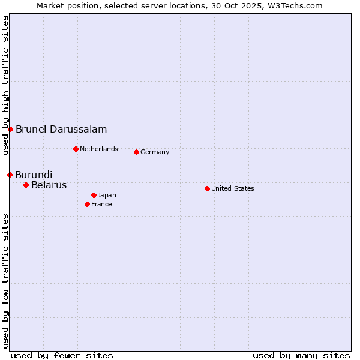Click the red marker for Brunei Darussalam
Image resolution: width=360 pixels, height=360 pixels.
click(10, 129)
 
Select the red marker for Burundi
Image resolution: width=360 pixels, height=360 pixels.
click(10, 175)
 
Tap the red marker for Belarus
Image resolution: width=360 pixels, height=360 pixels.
click(26, 185)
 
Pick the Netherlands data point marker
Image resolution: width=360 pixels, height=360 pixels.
click(76, 149)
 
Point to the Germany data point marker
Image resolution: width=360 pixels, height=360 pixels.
click(136, 152)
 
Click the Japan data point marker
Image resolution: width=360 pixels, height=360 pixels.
click(94, 195)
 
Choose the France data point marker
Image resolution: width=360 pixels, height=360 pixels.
click(87, 204)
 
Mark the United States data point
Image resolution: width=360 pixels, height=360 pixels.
click(207, 188)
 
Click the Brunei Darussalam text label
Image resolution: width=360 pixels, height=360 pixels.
click(61, 129)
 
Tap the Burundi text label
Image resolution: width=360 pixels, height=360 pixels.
click(34, 175)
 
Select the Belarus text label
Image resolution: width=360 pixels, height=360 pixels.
click(49, 185)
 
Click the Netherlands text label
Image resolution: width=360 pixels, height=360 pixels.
click(99, 149)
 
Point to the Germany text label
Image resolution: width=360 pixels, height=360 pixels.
click(155, 152)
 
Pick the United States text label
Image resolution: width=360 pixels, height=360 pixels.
click(233, 188)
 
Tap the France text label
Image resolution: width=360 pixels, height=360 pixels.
click(101, 204)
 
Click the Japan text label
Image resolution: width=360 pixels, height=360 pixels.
click(107, 195)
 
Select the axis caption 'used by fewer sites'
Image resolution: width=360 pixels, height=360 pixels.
click(62, 355)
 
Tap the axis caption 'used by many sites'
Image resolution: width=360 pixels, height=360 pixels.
click(301, 355)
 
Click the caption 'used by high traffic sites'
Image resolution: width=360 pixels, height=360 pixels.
click(5, 86)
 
